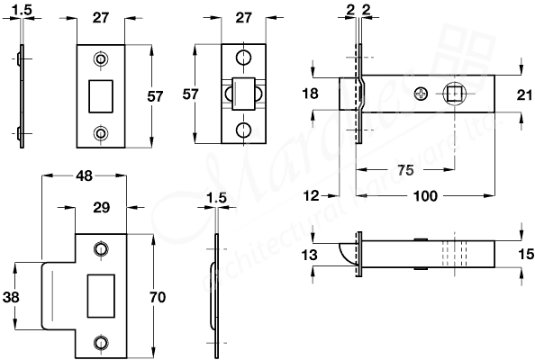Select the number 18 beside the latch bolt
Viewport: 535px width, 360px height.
pos(312,94)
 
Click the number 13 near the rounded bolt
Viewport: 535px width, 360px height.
pos(311,256)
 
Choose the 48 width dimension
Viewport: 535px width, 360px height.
pos(84,177)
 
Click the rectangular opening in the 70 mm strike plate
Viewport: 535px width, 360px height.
pos(100,294)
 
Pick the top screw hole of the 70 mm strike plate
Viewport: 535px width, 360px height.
pos(100,249)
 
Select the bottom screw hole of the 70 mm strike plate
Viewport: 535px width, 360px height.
pos(100,340)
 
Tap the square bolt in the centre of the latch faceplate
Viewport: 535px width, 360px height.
pos(243,94)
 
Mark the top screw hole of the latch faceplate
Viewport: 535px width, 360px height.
pos(243,58)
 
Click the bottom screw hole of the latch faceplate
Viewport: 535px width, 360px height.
pos(243,130)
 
